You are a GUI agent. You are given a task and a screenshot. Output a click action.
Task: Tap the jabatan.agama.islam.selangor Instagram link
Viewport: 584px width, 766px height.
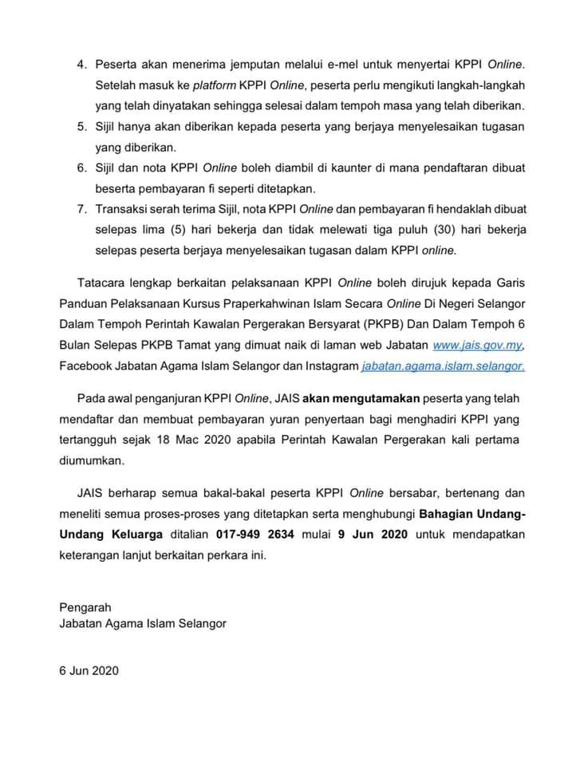(x=443, y=365)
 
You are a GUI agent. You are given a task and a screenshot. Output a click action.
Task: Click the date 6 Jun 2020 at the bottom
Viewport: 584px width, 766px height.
(x=89, y=671)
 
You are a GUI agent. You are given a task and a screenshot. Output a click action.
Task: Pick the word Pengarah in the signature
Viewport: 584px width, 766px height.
(x=85, y=607)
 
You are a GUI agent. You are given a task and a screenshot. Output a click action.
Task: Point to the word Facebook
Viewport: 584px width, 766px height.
(x=87, y=365)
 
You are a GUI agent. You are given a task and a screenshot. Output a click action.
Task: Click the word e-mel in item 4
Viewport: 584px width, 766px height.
(x=304, y=63)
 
